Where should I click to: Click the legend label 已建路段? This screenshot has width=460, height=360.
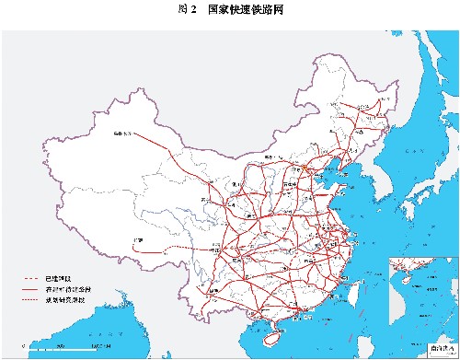pyautogui.click(x=69, y=276)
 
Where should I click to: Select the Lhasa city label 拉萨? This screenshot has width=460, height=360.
pyautogui.click(x=139, y=240)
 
